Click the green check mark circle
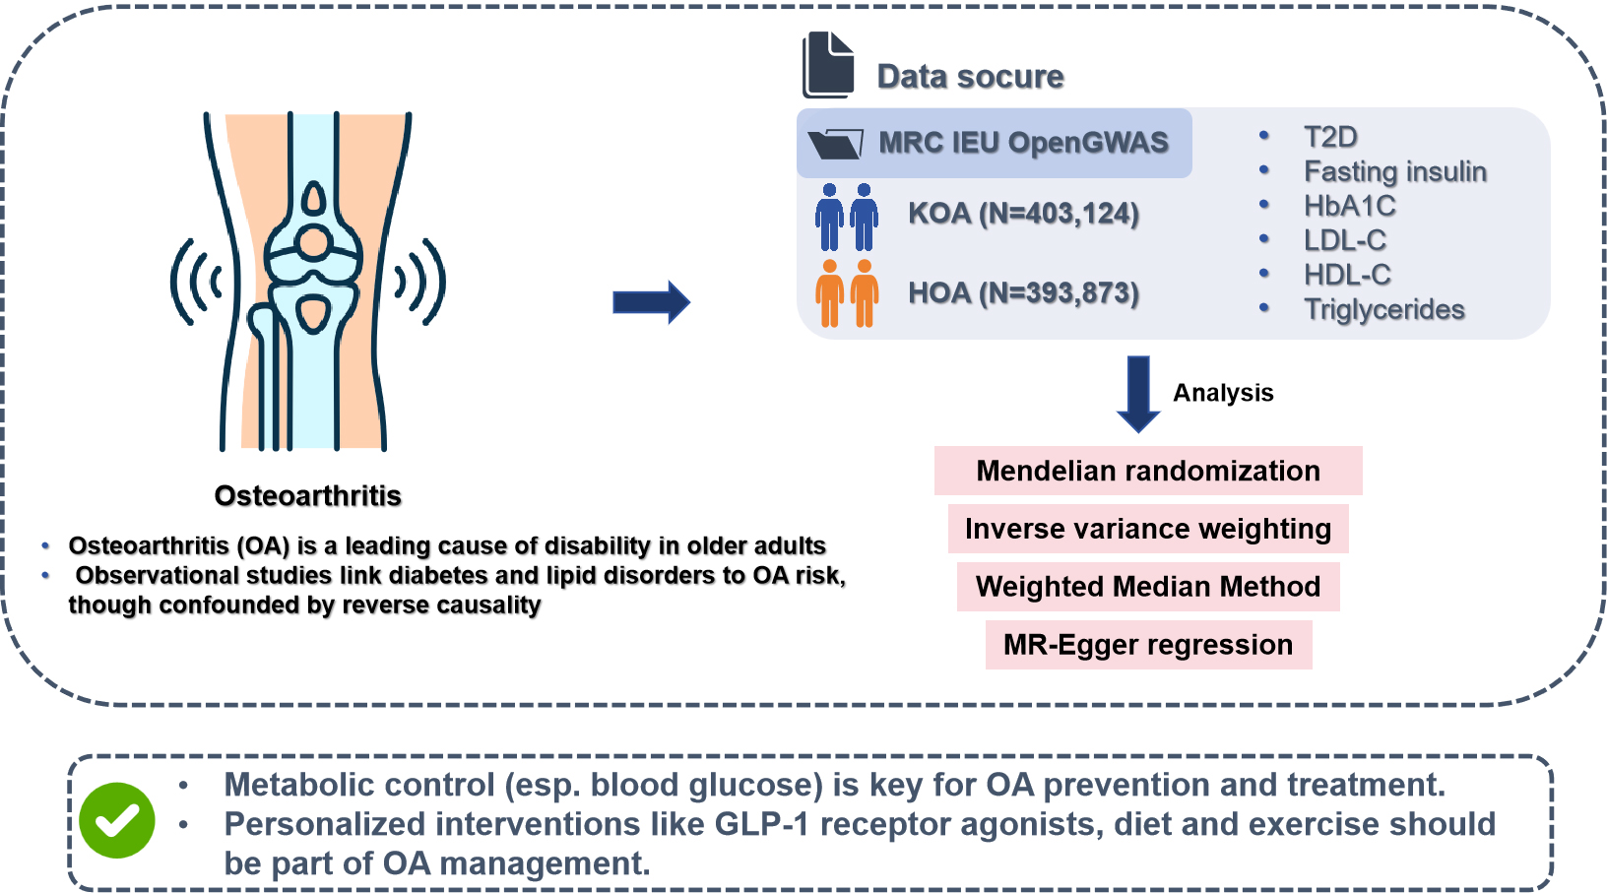point(117,820)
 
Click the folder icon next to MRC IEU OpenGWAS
point(835,144)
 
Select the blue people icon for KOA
point(847,217)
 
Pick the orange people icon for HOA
point(847,293)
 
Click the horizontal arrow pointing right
point(651,302)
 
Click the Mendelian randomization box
point(1148,471)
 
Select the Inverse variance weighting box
point(1148,529)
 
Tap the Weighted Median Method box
point(1148,587)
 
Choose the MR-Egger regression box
point(1148,645)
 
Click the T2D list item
point(1330,137)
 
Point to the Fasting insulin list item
point(1394,171)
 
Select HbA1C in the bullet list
point(1349,206)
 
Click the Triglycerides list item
point(1383,309)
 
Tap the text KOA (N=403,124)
point(1023,214)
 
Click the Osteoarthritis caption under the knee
point(308,495)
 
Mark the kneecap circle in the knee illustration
point(314,242)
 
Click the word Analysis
point(1223,393)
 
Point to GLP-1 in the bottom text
point(761,824)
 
